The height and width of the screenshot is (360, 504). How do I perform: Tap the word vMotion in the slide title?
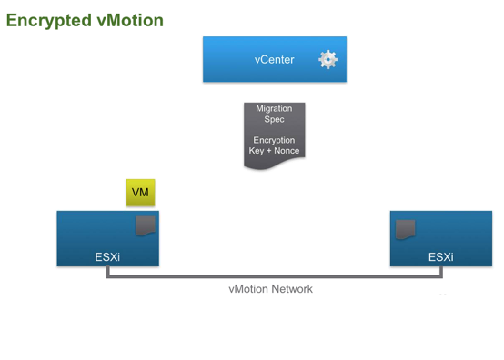point(129,20)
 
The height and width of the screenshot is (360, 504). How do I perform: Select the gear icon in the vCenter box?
point(328,60)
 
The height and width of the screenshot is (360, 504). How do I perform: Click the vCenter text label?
point(274,60)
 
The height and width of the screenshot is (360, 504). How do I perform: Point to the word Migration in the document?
point(274,109)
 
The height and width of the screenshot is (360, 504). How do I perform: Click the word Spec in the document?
point(274,120)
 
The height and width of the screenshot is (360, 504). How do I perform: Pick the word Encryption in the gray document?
point(274,140)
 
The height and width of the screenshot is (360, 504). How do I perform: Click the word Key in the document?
point(257,151)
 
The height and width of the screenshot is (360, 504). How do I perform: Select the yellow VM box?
point(140,193)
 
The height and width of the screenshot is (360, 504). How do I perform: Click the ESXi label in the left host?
point(107,257)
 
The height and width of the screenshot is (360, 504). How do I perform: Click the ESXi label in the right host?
point(440,257)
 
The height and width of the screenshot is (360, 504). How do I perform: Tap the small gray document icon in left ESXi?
point(146,225)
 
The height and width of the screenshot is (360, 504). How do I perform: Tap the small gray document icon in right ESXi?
point(405,229)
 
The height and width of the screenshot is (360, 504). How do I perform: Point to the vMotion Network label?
point(270,289)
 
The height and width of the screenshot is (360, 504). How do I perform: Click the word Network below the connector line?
point(291,289)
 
